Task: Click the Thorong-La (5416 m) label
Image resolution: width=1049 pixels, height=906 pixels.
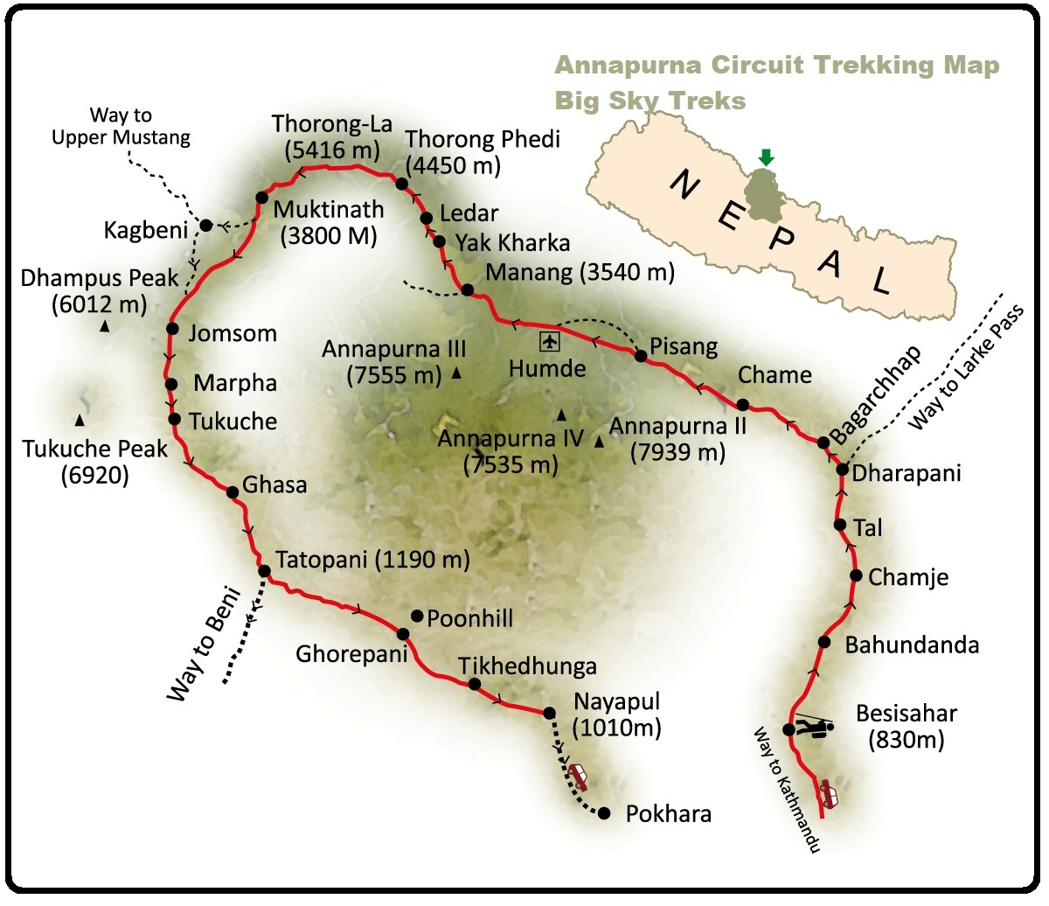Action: point(332,136)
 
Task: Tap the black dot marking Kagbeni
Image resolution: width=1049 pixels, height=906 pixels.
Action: point(206,226)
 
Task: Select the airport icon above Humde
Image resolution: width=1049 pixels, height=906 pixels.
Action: point(548,340)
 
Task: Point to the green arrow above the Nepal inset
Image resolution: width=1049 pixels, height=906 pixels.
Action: point(767,157)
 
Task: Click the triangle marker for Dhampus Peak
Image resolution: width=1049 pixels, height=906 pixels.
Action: point(104,326)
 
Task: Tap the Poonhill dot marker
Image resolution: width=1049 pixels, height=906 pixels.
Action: point(417,616)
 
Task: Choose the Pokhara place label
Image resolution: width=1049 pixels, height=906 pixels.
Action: point(668,814)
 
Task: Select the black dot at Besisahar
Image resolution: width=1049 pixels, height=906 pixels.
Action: point(788,729)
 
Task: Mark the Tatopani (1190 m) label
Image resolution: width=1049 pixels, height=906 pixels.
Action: point(372,560)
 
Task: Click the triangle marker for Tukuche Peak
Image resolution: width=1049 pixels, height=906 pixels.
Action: point(80,421)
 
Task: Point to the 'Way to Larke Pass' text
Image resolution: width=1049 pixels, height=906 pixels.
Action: point(965,368)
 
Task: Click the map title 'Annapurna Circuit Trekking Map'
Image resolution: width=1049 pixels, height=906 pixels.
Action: point(777,66)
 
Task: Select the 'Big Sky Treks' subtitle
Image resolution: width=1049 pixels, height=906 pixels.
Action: point(650,101)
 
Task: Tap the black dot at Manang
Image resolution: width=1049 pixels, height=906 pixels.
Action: point(468,290)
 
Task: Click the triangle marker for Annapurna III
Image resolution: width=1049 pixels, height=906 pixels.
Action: point(456,373)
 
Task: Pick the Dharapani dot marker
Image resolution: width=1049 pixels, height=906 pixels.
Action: point(843,470)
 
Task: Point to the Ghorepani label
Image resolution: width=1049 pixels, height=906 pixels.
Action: point(351,654)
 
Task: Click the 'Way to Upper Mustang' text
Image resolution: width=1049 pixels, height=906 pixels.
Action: point(121,126)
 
